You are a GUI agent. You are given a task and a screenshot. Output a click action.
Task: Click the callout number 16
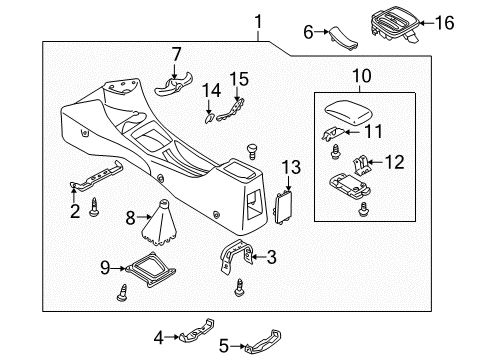click(445, 23)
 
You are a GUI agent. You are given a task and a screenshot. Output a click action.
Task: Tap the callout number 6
click(308, 32)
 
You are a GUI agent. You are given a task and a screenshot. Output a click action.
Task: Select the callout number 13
click(291, 167)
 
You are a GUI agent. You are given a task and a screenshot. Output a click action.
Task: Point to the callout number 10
click(362, 76)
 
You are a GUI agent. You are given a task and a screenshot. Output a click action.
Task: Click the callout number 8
click(130, 218)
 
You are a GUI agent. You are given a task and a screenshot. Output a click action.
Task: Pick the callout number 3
click(272, 257)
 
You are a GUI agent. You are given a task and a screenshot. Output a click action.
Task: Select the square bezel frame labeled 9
click(150, 270)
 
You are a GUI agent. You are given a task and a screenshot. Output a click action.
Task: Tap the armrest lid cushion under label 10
click(349, 112)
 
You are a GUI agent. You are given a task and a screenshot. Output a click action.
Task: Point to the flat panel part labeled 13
click(283, 208)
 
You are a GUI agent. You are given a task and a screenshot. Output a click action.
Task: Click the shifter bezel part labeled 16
click(395, 23)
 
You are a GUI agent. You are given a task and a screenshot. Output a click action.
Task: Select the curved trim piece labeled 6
click(343, 38)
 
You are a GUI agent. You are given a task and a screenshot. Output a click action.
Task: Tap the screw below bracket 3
click(239, 288)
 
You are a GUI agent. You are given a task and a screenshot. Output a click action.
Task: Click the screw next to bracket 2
click(94, 207)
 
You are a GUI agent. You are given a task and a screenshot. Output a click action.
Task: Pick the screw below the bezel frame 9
click(122, 293)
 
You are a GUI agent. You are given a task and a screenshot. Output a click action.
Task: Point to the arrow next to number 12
click(375, 162)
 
